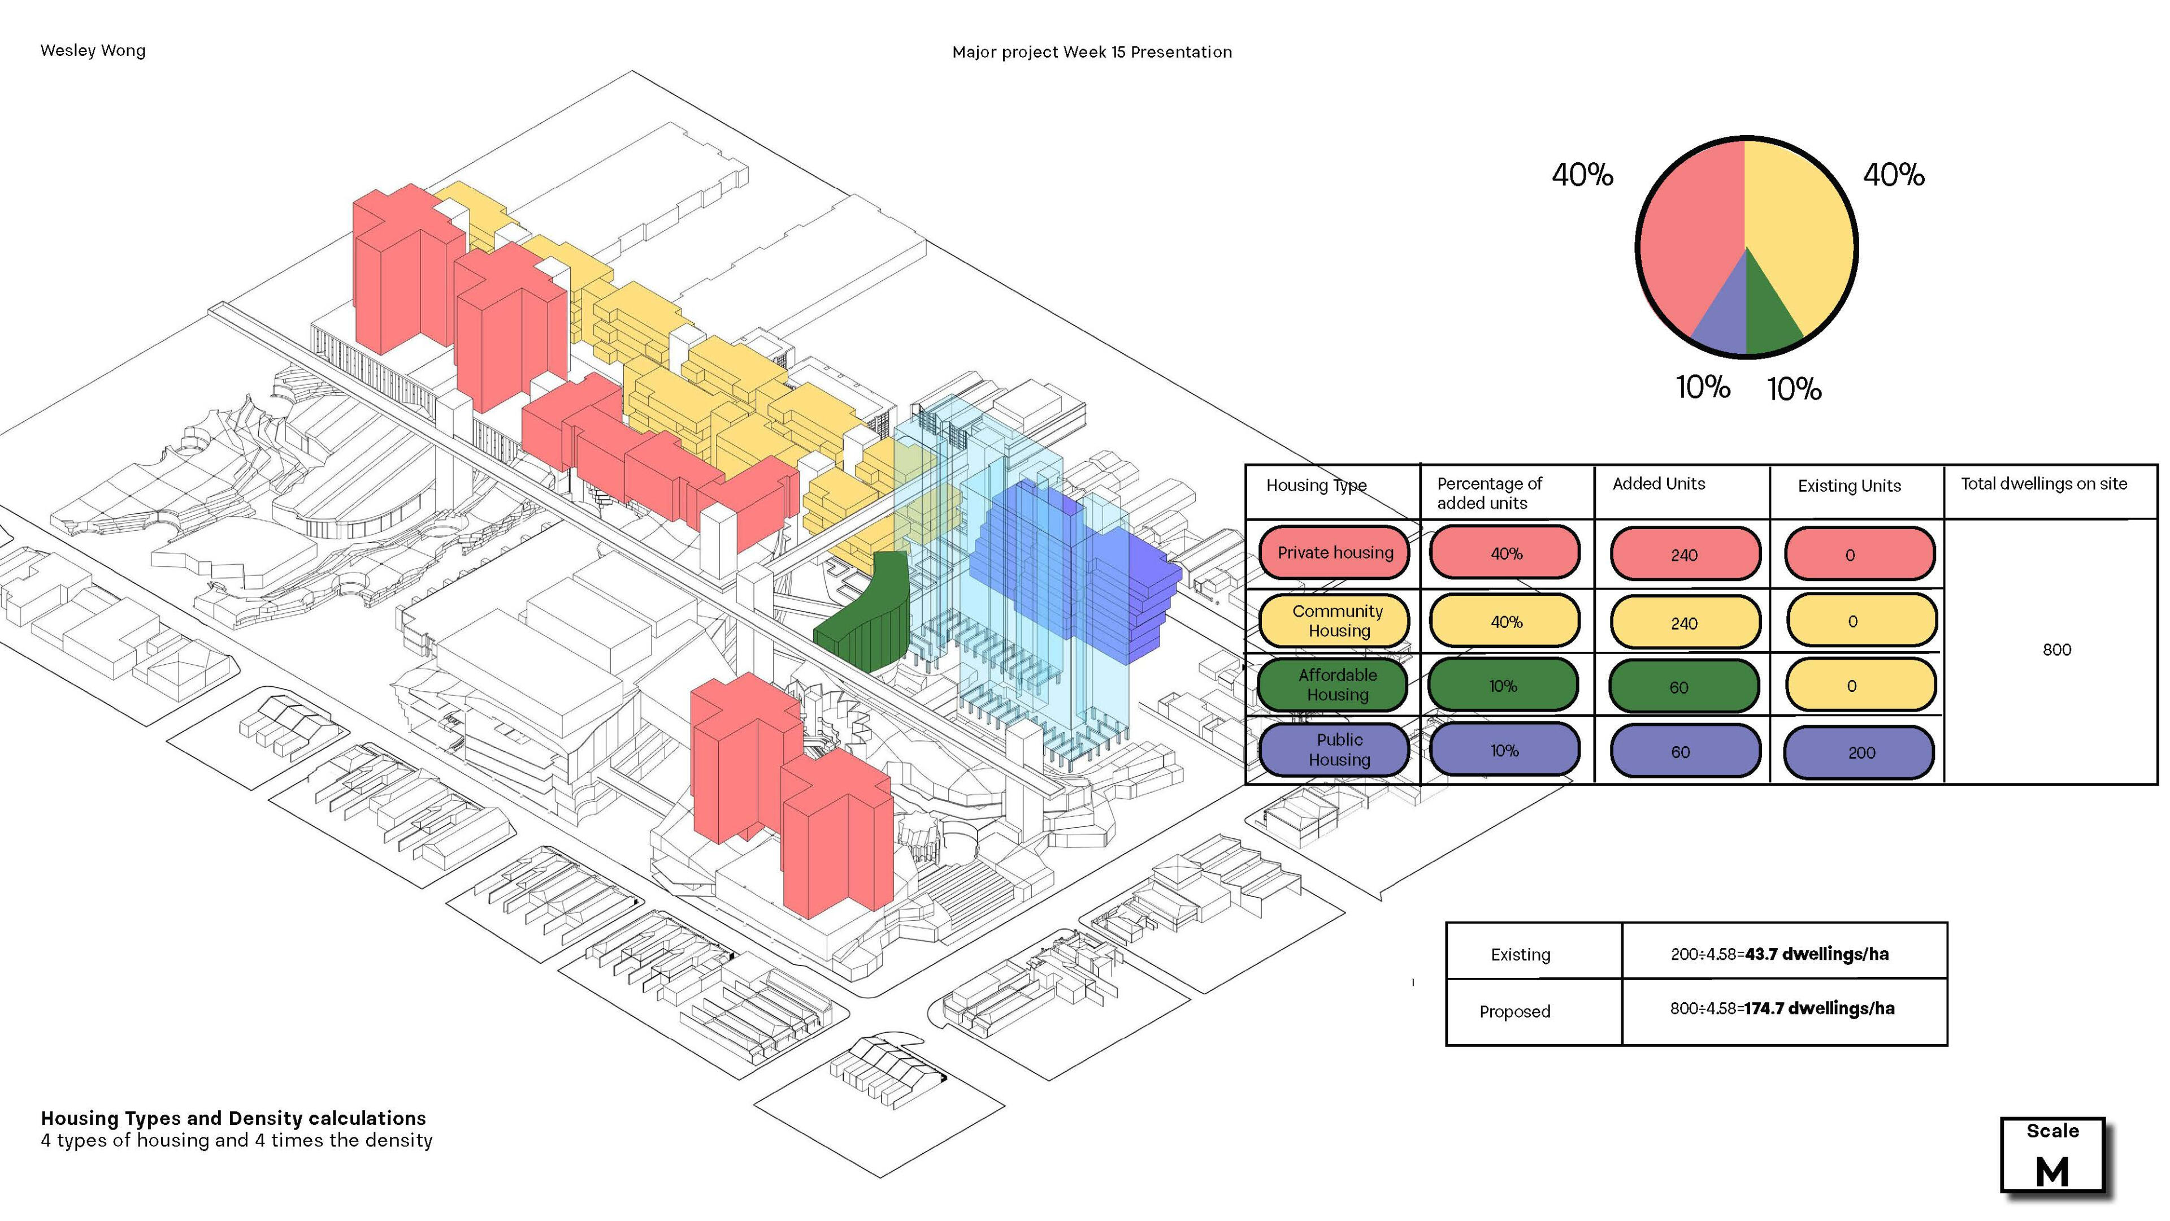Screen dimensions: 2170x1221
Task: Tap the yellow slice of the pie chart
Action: click(x=1799, y=227)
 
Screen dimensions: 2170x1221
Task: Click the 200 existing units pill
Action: click(x=1859, y=752)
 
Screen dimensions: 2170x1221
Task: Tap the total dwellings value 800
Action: click(x=2056, y=650)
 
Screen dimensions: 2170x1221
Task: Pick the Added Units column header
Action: click(x=1658, y=484)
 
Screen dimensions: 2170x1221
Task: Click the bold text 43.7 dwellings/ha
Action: click(x=1816, y=954)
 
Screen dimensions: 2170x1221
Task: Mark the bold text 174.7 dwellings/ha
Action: click(x=1820, y=1008)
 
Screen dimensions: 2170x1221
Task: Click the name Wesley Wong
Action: click(x=93, y=50)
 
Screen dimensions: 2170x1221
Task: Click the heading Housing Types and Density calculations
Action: click(x=233, y=1118)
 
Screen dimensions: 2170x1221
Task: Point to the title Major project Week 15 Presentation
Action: click(x=1092, y=52)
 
